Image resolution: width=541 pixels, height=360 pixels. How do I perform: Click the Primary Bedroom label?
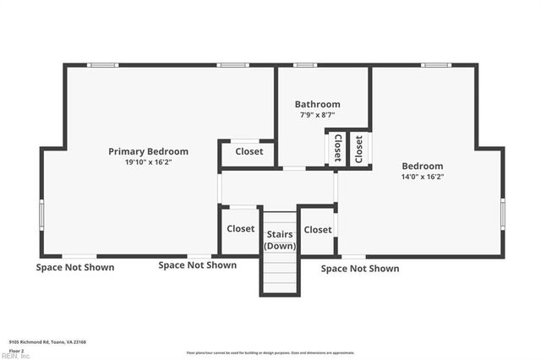coord(148,151)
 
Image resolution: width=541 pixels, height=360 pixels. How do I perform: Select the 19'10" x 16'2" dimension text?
coord(148,162)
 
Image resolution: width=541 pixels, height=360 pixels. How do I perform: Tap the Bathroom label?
coord(317,104)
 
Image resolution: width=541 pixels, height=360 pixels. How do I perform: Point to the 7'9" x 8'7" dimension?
coord(317,115)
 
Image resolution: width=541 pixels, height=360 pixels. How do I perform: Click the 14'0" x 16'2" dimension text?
coord(423,177)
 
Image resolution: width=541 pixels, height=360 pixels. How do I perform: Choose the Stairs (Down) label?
coord(280,239)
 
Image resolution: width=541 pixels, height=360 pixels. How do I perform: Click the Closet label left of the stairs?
coord(240,228)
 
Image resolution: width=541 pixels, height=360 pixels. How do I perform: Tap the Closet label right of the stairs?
coord(318,229)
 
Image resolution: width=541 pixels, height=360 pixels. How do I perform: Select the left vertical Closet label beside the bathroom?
coord(337,148)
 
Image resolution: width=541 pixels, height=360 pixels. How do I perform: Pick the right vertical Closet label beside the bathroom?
coord(358,149)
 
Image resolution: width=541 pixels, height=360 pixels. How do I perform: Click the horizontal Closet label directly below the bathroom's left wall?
coord(249,152)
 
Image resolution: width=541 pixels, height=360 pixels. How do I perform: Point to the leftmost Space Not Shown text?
coord(74,267)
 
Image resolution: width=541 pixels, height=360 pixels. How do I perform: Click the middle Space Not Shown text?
coord(198,265)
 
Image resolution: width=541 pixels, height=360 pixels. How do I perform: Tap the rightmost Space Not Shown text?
coord(360,269)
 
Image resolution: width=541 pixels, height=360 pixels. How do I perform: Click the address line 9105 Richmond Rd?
coord(47,341)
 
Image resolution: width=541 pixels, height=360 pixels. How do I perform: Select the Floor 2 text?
coord(16,349)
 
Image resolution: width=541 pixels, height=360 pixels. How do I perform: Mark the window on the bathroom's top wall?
coord(304,65)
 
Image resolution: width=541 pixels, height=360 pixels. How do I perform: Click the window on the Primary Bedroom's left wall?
coord(41,213)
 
